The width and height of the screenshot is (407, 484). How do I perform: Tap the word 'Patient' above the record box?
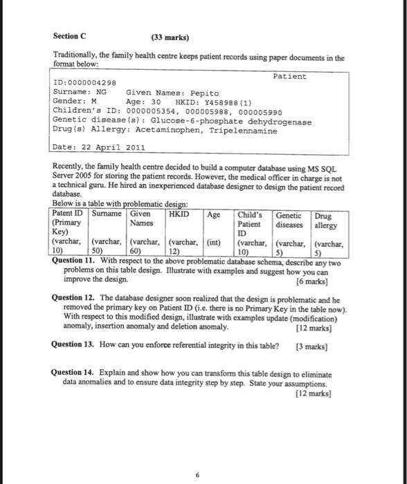(289, 76)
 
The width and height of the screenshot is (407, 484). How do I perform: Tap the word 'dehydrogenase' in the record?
(280, 121)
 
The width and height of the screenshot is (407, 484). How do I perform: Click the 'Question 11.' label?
(75, 261)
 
